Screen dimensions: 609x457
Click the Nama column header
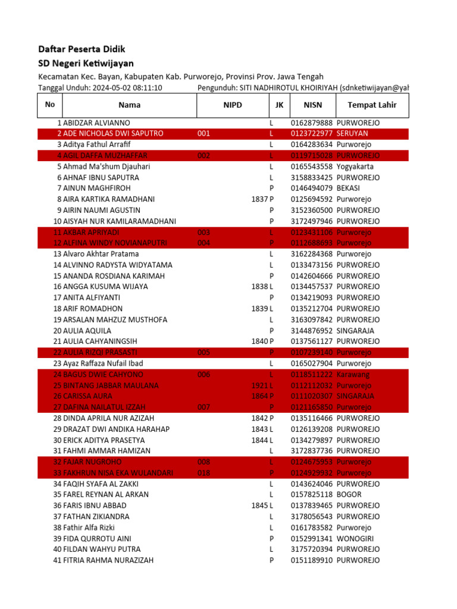pyautogui.click(x=129, y=105)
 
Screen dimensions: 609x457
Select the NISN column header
pyautogui.click(x=312, y=105)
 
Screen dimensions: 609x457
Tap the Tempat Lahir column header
pyautogui.click(x=372, y=105)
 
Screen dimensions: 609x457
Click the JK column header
pyautogui.click(x=279, y=105)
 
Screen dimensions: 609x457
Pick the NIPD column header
pyautogui.click(x=233, y=105)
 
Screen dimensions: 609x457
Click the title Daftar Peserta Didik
pyautogui.click(x=82, y=49)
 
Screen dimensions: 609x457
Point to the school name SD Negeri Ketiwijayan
pyautogui.click(x=86, y=63)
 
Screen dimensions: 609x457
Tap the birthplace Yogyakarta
pyautogui.click(x=356, y=167)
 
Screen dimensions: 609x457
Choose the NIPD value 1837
pyautogui.click(x=259, y=199)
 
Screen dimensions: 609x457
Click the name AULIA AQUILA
pyautogui.click(x=87, y=331)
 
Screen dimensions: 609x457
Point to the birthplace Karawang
pyautogui.click(x=353, y=375)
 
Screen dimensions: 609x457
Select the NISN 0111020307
pyautogui.click(x=312, y=396)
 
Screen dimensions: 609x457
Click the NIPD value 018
pyautogui.click(x=204, y=473)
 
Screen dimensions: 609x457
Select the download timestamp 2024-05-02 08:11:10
pyautogui.click(x=127, y=88)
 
